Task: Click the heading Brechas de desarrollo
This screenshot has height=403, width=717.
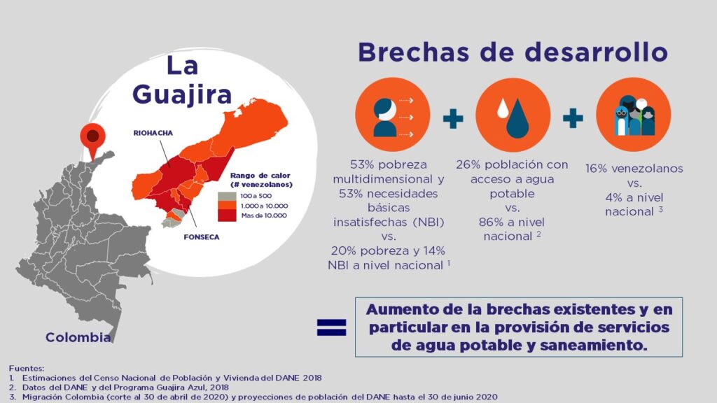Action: tap(511, 53)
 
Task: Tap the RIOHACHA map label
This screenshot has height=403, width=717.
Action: tap(153, 132)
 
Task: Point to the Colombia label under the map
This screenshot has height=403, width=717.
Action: tap(78, 338)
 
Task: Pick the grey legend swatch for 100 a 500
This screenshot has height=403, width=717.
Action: tap(226, 197)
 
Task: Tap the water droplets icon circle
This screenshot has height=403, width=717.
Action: tap(513, 115)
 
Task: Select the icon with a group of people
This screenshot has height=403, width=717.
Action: tap(633, 115)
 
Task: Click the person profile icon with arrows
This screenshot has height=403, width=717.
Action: tap(392, 115)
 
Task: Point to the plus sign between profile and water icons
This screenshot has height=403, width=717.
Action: tap(453, 118)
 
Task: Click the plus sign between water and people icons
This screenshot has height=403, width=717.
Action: tap(573, 118)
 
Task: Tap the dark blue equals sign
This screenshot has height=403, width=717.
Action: tap(331, 327)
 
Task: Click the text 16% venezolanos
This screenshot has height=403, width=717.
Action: tap(634, 169)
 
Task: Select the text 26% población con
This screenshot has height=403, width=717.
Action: tap(512, 165)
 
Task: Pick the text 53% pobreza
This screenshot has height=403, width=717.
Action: tap(391, 165)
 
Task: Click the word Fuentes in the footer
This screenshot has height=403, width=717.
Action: tap(27, 368)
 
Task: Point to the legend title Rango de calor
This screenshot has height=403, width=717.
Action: tap(260, 176)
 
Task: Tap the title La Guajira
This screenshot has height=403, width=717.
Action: tap(181, 80)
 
